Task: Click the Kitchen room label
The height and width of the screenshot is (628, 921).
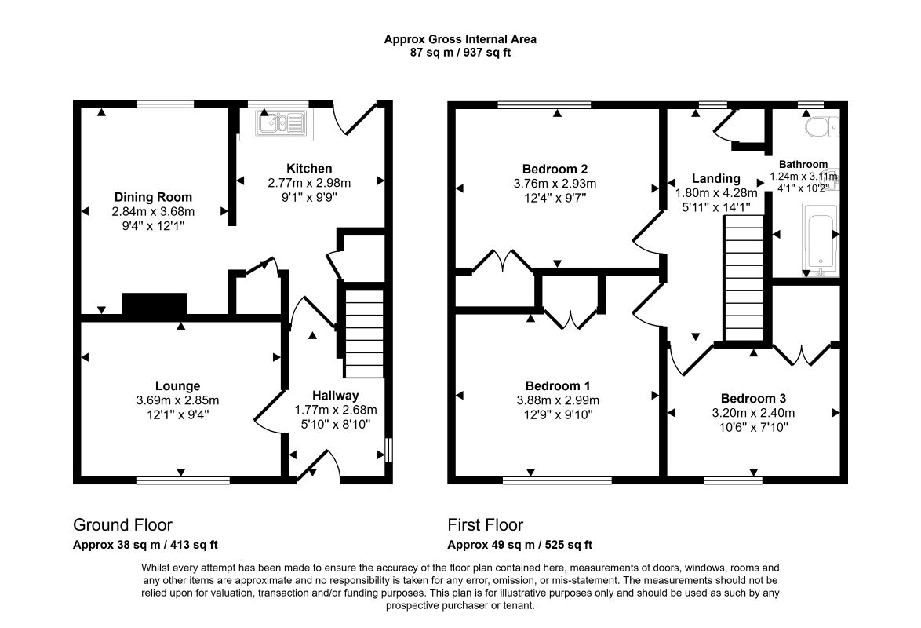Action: pos(309,169)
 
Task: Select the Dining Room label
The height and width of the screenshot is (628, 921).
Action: pos(153,197)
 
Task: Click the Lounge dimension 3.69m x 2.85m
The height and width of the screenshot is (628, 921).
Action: pos(177,400)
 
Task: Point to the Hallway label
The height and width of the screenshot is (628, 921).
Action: pos(336,396)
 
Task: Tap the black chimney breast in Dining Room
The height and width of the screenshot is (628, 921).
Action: pos(155,305)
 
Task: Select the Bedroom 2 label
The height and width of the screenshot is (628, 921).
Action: pos(555,170)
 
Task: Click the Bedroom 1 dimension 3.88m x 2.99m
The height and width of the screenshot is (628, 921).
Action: pos(558,400)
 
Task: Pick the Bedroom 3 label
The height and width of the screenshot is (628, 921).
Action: pos(754,399)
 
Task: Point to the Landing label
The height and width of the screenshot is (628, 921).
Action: pos(715,178)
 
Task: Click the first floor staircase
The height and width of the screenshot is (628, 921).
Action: pos(744,278)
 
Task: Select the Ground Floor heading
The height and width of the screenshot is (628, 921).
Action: pos(122,524)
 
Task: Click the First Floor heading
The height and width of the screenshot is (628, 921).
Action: pos(485,524)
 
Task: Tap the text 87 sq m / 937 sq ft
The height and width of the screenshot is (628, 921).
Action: pos(460,53)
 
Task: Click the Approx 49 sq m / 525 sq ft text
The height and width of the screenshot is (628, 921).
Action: pos(520,545)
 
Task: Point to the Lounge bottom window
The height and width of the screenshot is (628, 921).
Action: pos(184,480)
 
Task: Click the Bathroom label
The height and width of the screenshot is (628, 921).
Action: pos(803,165)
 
